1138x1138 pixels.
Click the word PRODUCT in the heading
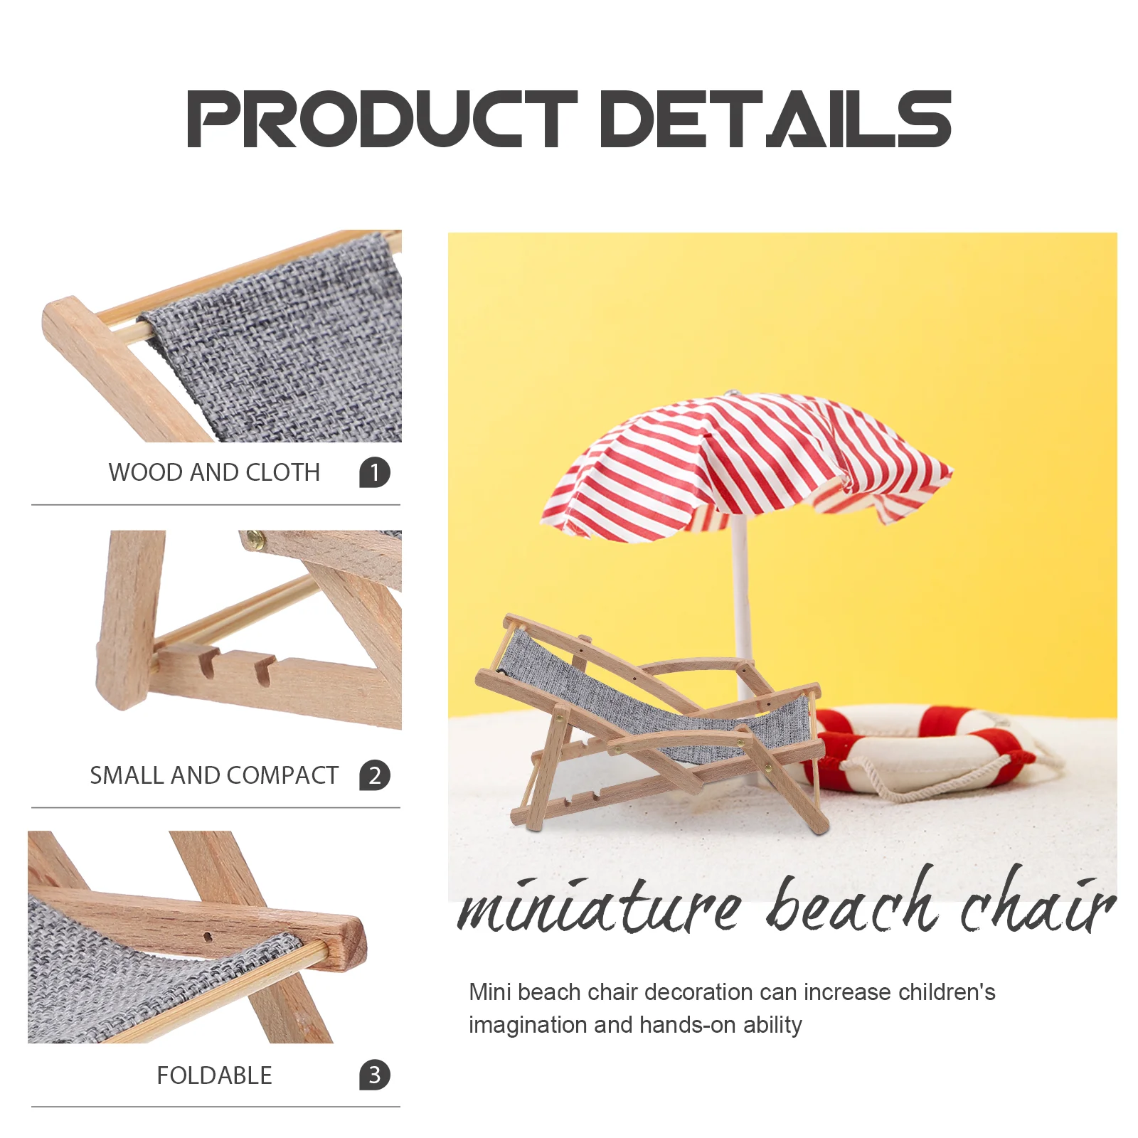381,119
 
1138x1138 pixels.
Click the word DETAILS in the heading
776,119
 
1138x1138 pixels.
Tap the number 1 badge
375,472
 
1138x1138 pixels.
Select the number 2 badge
375,775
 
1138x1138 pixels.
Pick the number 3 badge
375,1075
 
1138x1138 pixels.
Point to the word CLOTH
282,472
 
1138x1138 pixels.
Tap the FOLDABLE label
214,1075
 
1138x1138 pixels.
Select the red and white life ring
925,750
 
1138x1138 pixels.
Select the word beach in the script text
852,900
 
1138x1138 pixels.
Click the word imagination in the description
528,1025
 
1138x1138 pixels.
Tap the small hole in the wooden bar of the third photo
208,937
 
